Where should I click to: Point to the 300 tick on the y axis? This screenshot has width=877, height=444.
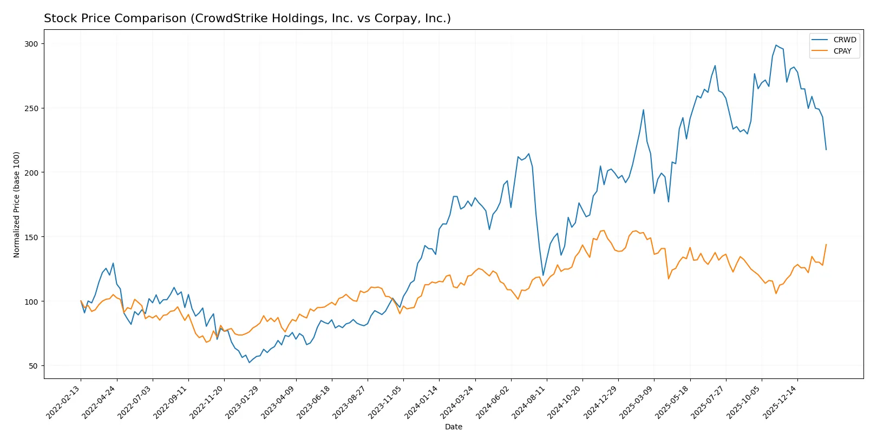click(x=31, y=44)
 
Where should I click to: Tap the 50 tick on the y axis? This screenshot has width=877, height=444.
click(x=33, y=366)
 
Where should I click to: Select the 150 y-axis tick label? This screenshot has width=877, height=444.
click(x=31, y=237)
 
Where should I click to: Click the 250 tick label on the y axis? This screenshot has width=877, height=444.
click(x=31, y=108)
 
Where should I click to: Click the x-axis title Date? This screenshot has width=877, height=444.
click(x=453, y=427)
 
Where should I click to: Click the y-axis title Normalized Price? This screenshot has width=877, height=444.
click(x=17, y=204)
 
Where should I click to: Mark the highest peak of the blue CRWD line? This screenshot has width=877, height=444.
click(x=776, y=45)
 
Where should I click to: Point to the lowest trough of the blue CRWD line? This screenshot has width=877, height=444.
click(x=249, y=362)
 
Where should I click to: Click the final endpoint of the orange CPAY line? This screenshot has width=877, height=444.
click(x=826, y=244)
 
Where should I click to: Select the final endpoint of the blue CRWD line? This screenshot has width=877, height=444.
click(x=826, y=150)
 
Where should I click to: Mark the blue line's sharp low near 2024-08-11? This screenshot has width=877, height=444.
click(x=543, y=275)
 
